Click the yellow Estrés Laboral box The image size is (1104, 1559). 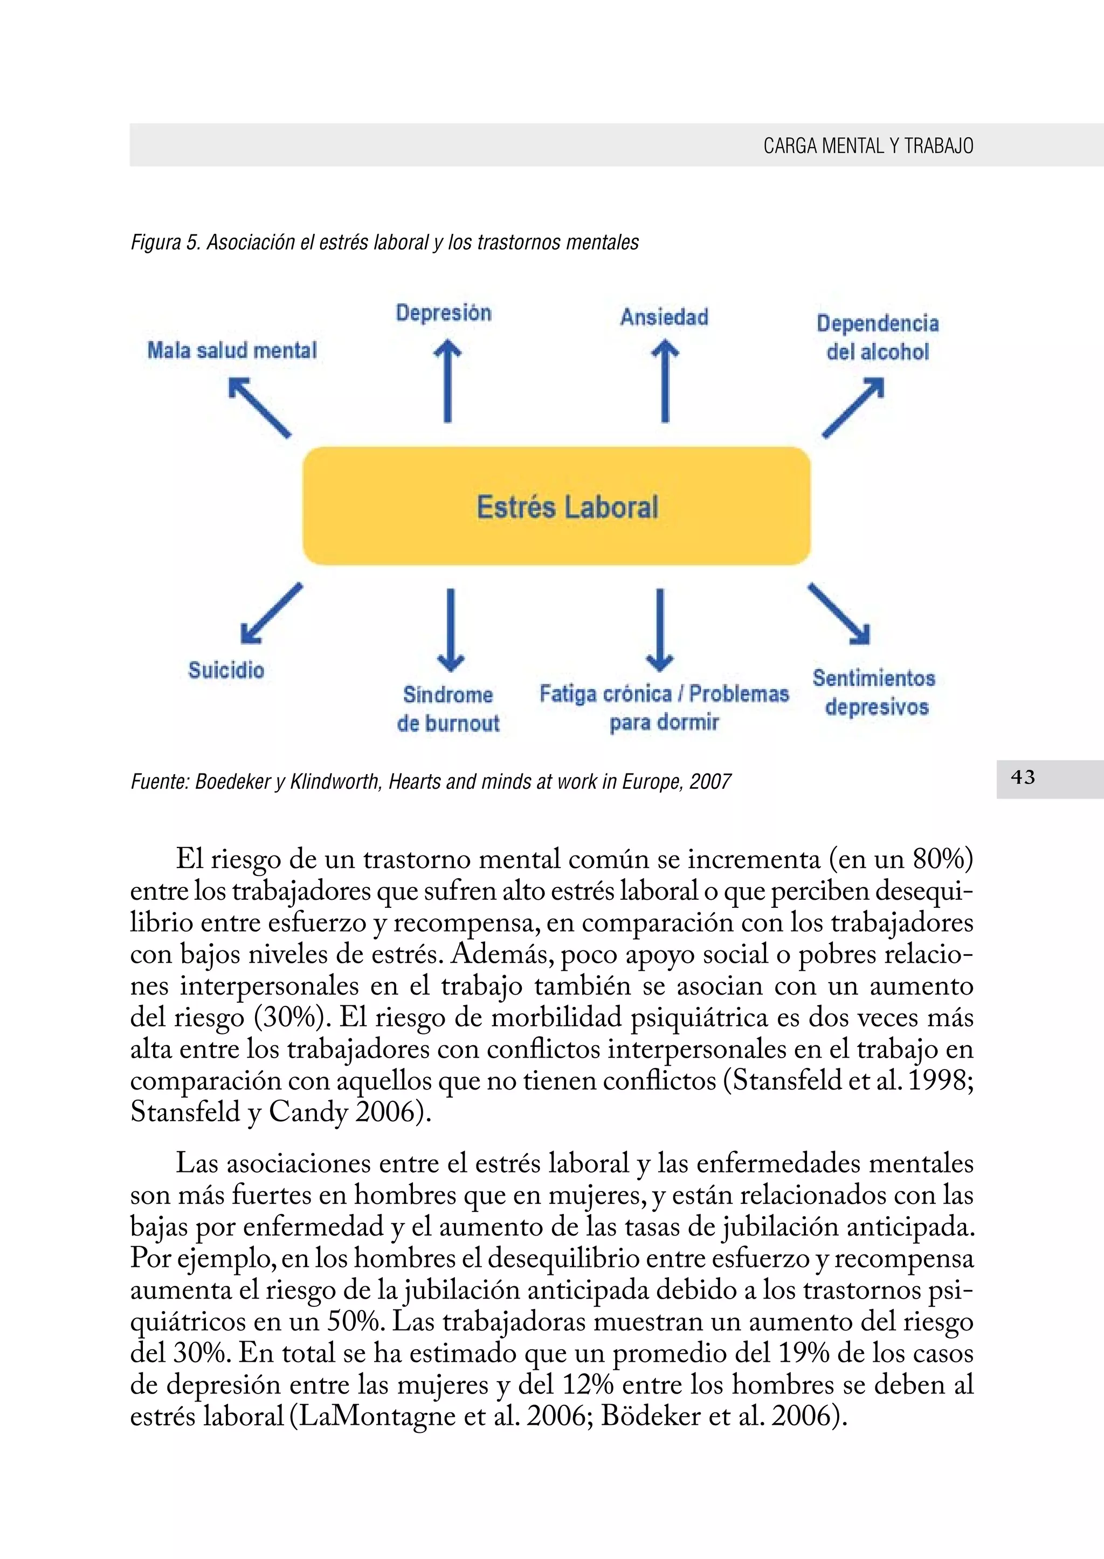tap(556, 506)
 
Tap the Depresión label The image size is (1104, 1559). tap(443, 313)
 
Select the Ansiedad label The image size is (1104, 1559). tap(664, 317)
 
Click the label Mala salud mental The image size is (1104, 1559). tap(232, 351)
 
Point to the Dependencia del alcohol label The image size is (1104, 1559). tap(877, 337)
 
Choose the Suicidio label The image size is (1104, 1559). tap(226, 671)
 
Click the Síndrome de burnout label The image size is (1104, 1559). tap(448, 708)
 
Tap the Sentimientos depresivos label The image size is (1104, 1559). tap(875, 692)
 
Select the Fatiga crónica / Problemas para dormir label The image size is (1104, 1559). tap(664, 708)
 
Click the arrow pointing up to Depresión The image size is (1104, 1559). tap(447, 382)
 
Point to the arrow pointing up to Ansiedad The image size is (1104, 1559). tap(665, 382)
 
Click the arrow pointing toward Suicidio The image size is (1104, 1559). tap(271, 613)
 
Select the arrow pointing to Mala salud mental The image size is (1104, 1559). tap(260, 408)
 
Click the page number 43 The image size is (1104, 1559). tap(1023, 777)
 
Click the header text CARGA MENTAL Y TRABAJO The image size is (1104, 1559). tap(867, 146)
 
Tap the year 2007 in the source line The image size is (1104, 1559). tap(710, 782)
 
